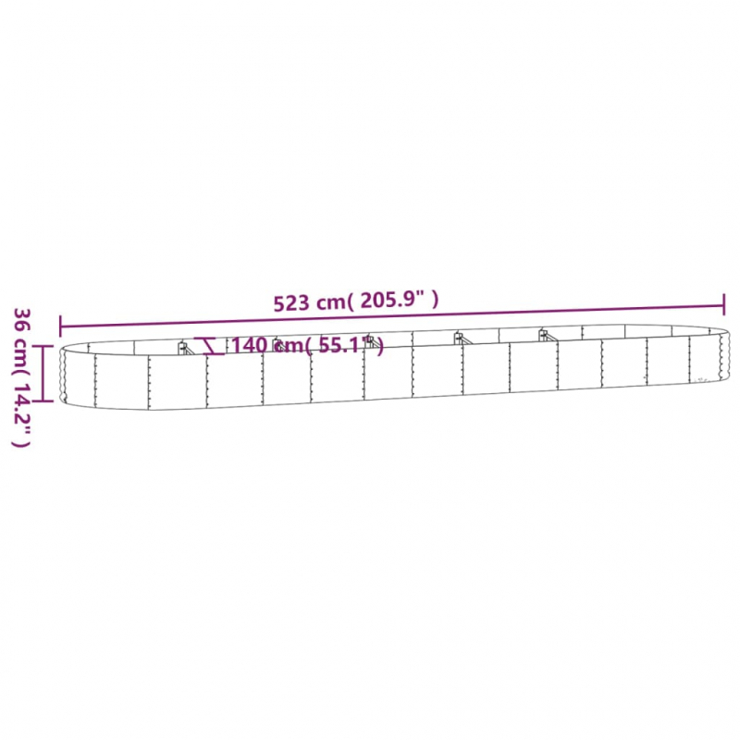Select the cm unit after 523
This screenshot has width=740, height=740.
coord(330,302)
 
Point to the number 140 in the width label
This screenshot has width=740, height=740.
coord(249,345)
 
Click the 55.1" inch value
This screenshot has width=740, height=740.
coord(346,345)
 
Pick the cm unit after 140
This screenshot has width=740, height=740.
coord(290,345)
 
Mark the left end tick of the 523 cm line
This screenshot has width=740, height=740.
coord(61,326)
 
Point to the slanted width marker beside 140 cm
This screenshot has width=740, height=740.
coord(212,345)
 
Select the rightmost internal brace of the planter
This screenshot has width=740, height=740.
coord(544,334)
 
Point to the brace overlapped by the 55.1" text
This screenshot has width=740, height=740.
coord(370,342)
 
